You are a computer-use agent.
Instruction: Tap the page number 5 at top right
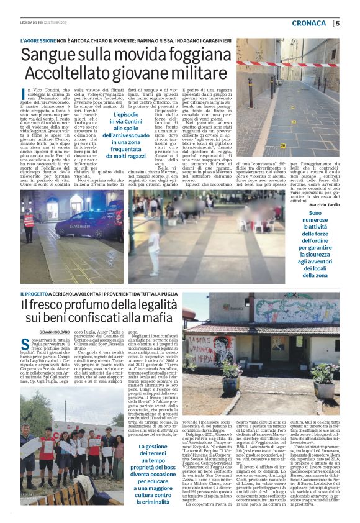(338, 24)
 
